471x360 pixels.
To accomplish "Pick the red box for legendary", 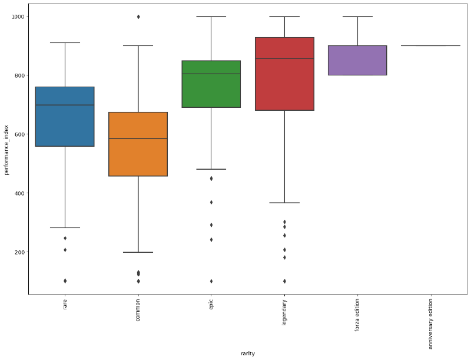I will (x=284, y=74).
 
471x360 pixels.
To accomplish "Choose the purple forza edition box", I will (x=357, y=60).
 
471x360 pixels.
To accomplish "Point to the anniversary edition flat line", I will (x=430, y=45).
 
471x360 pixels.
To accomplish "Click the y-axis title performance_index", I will (x=6, y=151).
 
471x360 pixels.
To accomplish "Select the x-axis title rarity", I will (x=248, y=354).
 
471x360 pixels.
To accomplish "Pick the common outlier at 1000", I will (x=138, y=16).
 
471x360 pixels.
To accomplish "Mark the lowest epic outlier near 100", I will (x=211, y=281).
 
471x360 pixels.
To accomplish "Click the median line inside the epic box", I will (x=211, y=74).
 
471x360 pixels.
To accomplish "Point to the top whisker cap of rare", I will (x=65, y=42).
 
